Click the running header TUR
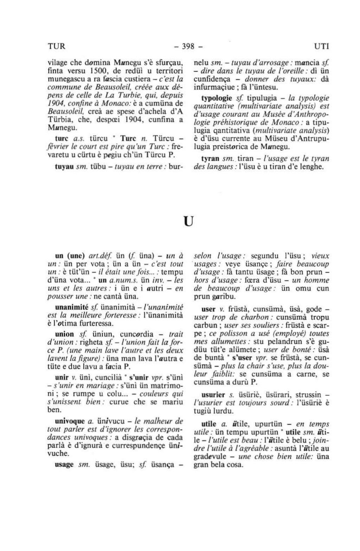56,46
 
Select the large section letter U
189,222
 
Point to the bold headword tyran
210,158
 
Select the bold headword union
65,334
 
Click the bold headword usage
64,464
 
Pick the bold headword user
208,309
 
